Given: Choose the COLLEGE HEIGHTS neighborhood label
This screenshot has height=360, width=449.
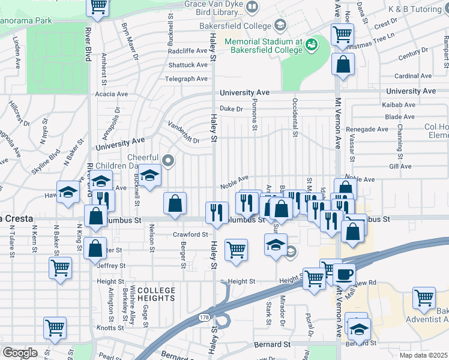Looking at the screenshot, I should point(156,294).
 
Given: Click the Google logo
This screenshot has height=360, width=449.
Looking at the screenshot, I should point(20,352).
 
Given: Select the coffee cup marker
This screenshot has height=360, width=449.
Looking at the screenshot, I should point(344,274).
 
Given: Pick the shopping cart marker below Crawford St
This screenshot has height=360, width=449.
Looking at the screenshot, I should point(236,249).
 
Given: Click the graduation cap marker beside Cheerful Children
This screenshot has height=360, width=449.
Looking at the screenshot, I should point(151,175).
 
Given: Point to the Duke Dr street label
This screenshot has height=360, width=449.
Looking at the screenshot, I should point(231,109).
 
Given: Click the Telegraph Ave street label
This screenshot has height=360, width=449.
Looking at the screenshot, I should point(187,79).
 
